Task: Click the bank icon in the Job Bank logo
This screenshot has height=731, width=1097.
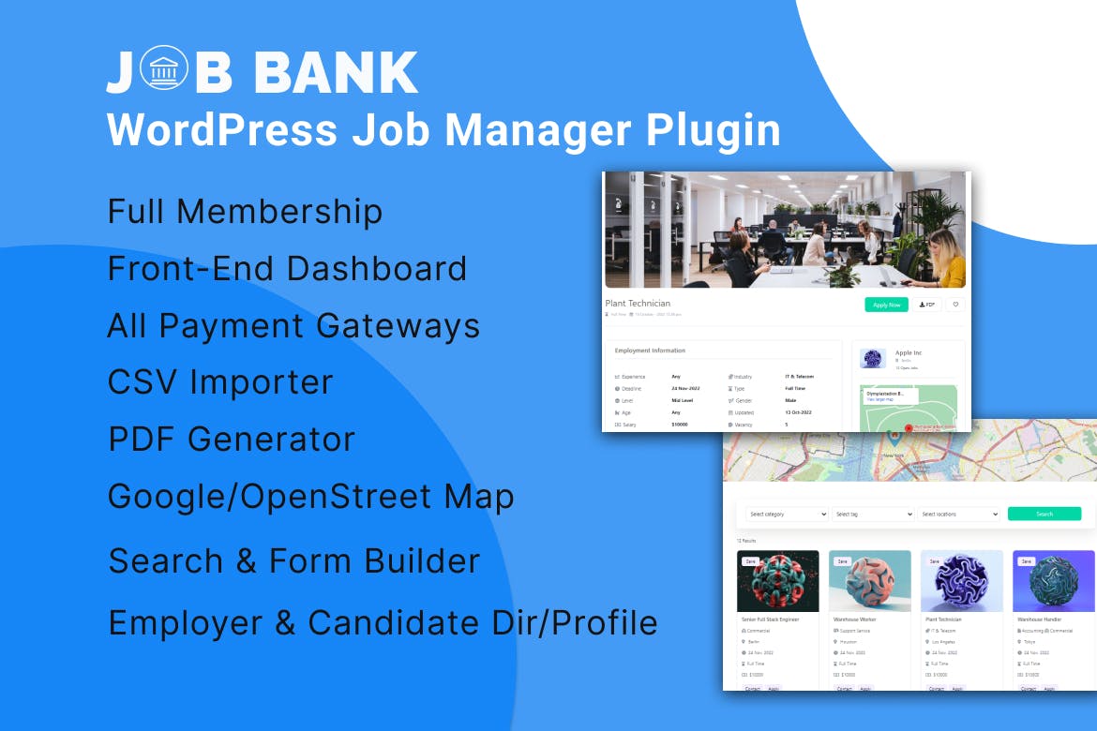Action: [164, 70]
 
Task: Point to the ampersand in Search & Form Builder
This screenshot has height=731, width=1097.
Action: [246, 560]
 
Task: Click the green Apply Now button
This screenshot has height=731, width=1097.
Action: [886, 305]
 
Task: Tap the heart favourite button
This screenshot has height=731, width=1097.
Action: [955, 305]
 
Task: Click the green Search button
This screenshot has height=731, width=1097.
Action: [1044, 514]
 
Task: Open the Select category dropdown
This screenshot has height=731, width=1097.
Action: [787, 515]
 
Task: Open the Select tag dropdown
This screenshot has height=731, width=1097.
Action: [872, 515]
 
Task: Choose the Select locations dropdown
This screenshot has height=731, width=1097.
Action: [958, 515]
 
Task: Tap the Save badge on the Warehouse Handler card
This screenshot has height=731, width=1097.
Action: [1027, 561]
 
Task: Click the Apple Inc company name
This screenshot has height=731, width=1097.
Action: [909, 353]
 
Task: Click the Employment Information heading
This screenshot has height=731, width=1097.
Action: [650, 351]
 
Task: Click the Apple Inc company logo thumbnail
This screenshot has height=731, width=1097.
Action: [873, 358]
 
